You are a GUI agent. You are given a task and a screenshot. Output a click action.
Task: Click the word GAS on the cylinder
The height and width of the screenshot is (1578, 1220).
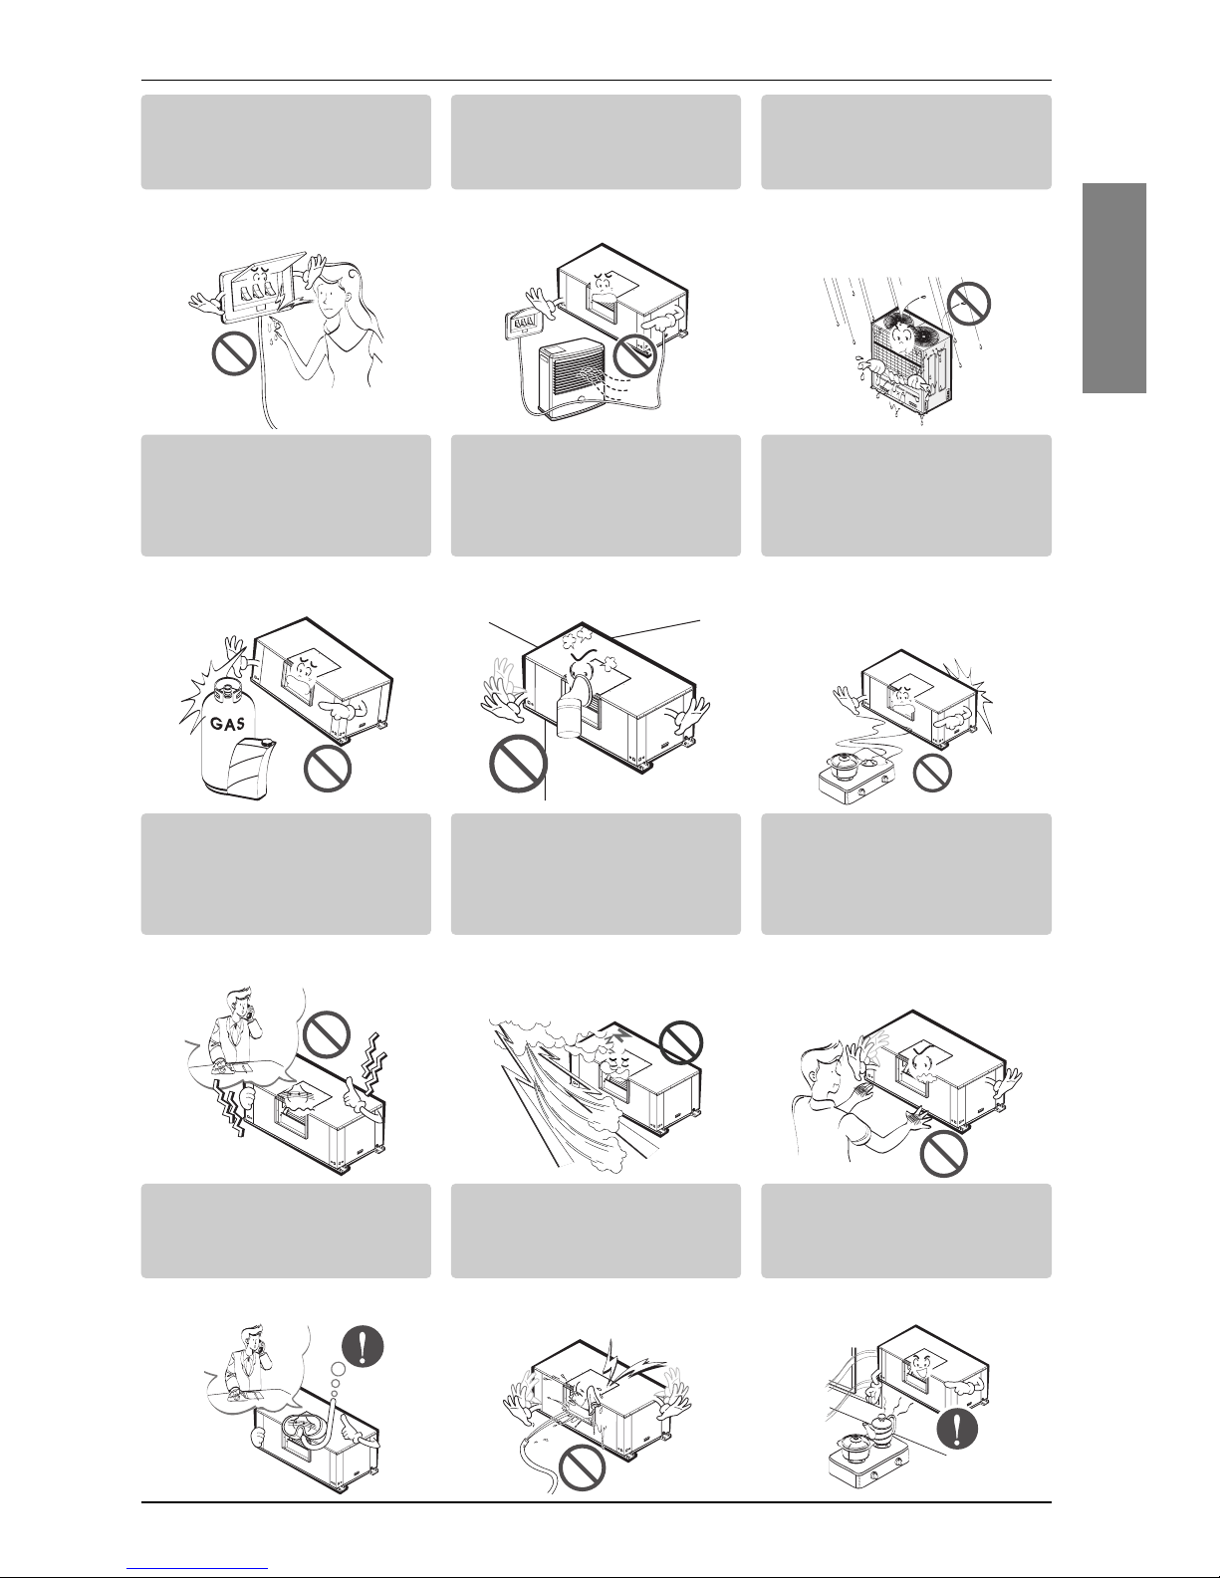[x=227, y=723]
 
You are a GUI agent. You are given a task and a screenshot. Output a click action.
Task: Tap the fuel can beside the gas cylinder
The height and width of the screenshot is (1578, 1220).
[x=248, y=767]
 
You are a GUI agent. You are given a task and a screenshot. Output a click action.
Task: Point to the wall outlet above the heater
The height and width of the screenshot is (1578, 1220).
[x=524, y=324]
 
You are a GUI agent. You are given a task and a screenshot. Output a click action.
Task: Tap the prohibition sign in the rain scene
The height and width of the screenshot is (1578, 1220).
[x=969, y=305]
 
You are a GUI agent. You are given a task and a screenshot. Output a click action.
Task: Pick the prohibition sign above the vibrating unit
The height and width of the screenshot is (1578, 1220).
[x=326, y=1034]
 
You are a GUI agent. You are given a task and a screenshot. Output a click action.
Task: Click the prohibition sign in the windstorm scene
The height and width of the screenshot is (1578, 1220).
[x=681, y=1042]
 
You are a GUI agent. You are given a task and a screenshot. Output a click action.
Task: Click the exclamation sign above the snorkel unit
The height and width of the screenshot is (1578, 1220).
[x=362, y=1346]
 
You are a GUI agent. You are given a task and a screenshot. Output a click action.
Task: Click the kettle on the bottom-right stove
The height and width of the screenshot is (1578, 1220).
[x=885, y=1425]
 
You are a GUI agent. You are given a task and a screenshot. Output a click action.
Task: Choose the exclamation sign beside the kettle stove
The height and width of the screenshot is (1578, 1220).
[x=957, y=1428]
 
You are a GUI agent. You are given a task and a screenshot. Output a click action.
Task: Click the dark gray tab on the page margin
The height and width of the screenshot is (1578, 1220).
[x=1114, y=288]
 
